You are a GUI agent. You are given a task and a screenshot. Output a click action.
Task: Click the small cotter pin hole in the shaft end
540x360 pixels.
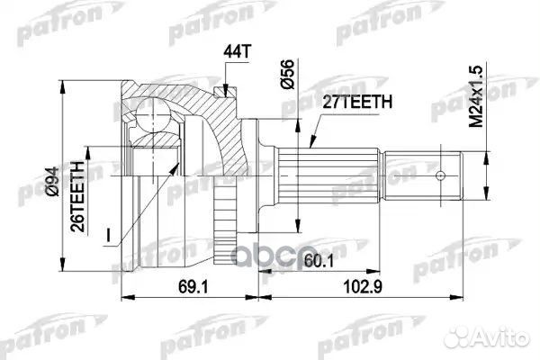tap(442, 175)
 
